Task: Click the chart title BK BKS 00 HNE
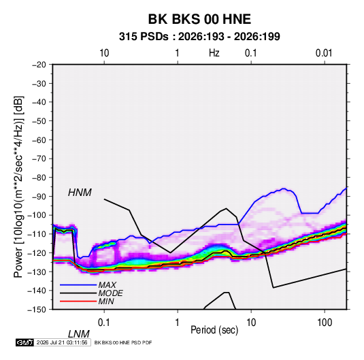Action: coord(199,19)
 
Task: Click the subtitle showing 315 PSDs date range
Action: coord(199,37)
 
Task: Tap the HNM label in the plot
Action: coord(80,193)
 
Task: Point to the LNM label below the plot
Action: coord(79,334)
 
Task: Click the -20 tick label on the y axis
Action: coord(39,65)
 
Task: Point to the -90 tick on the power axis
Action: coord(39,196)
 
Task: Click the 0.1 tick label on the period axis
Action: coord(104,323)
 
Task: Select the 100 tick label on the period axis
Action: coord(325,323)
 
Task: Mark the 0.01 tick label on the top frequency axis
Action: coord(324,53)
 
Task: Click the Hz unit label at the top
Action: coord(214,53)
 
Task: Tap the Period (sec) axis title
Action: coord(214,330)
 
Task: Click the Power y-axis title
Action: coord(18,186)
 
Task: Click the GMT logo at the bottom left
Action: coord(25,342)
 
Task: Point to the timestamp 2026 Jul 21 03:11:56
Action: coord(62,342)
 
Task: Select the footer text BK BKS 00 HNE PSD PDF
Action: coord(123,342)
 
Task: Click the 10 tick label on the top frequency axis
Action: coord(104,53)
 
